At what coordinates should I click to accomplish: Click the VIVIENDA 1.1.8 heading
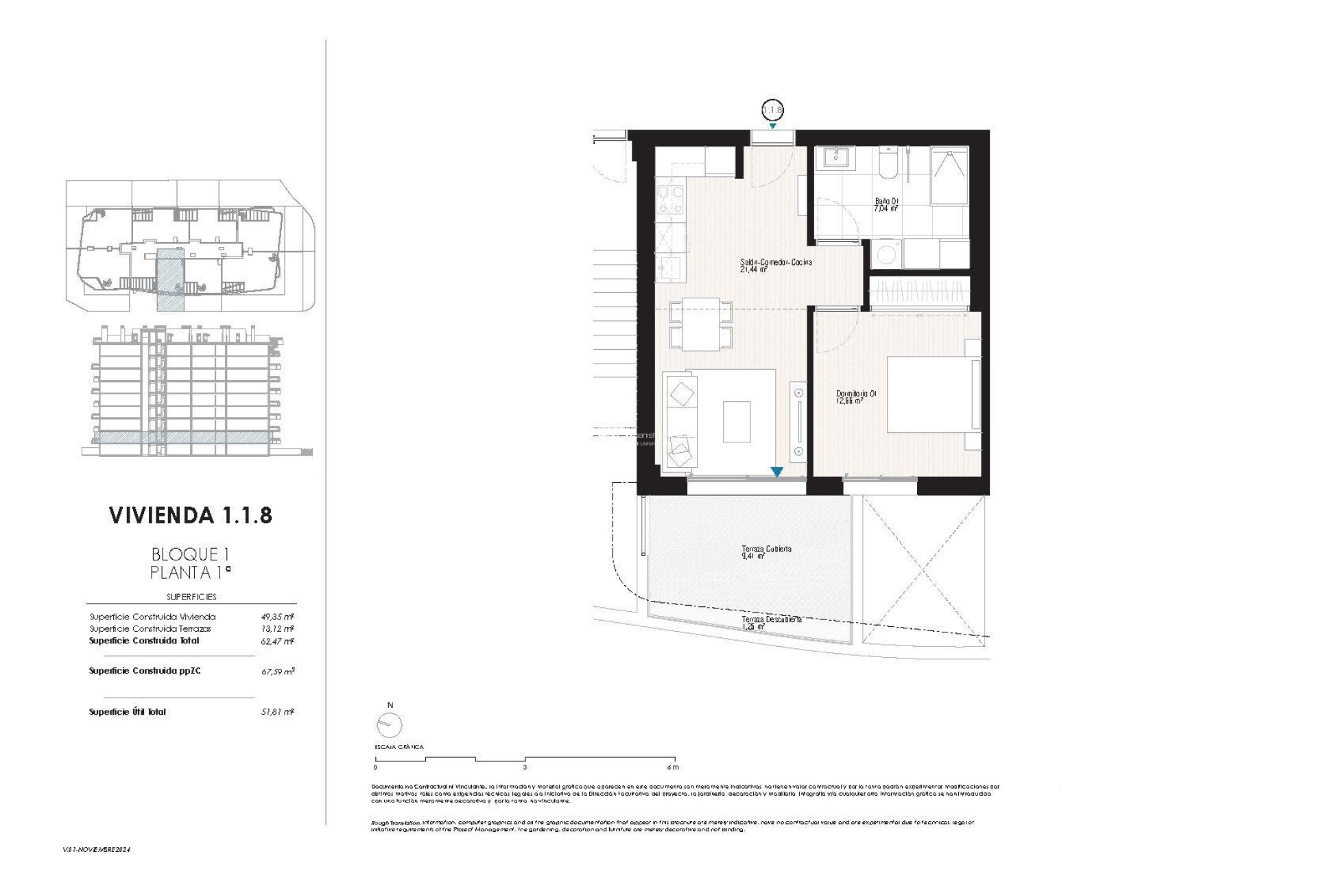pyautogui.click(x=191, y=515)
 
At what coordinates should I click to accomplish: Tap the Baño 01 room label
pyautogui.click(x=886, y=204)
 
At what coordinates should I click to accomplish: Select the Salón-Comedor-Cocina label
pyautogui.click(x=776, y=265)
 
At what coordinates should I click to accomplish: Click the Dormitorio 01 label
pyautogui.click(x=855, y=397)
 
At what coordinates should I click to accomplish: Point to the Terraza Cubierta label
pyautogui.click(x=766, y=552)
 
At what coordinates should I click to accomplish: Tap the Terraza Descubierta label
pyautogui.click(x=771, y=622)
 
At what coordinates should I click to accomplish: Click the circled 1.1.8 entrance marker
pyautogui.click(x=772, y=110)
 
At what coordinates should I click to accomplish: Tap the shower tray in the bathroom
pyautogui.click(x=949, y=176)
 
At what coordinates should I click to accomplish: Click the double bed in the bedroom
pyautogui.click(x=933, y=394)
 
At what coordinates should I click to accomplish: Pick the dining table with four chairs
pyautogui.click(x=700, y=324)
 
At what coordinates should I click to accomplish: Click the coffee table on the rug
pyautogui.click(x=736, y=421)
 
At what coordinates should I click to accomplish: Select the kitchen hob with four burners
pyautogui.click(x=670, y=200)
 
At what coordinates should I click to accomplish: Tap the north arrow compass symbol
pyautogui.click(x=389, y=724)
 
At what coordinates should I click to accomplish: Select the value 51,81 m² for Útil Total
pyautogui.click(x=277, y=712)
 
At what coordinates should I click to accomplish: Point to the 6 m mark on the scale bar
pyautogui.click(x=673, y=767)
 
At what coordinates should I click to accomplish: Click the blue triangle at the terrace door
pyautogui.click(x=776, y=472)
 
